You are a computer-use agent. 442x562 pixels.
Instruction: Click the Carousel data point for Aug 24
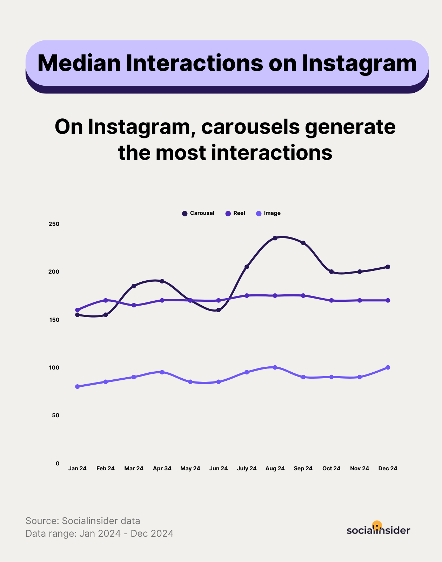(x=275, y=238)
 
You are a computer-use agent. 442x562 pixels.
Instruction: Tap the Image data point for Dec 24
(x=388, y=367)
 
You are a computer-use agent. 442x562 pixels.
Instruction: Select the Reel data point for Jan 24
(x=78, y=310)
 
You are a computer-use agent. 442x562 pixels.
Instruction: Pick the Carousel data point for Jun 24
(x=219, y=310)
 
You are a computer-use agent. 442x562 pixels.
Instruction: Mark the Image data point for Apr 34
(x=162, y=372)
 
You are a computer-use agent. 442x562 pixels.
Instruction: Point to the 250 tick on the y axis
(x=54, y=224)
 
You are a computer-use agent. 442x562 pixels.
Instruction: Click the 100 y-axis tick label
(x=54, y=367)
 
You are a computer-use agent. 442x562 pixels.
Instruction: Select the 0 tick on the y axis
(x=58, y=463)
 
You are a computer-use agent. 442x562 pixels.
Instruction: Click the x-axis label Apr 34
(x=162, y=468)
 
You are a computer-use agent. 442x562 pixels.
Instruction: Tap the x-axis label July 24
(x=247, y=468)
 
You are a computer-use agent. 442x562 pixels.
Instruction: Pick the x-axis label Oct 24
(x=331, y=468)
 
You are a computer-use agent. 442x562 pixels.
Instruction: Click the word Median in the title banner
(x=79, y=63)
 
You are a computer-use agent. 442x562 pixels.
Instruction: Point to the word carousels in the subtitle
(x=250, y=127)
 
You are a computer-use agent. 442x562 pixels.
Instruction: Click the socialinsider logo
(x=378, y=529)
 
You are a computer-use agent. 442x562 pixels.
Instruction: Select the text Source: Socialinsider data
(x=83, y=521)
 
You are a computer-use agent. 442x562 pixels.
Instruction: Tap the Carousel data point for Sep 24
(x=303, y=243)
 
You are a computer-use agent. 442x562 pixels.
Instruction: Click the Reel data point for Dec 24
(x=388, y=300)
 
